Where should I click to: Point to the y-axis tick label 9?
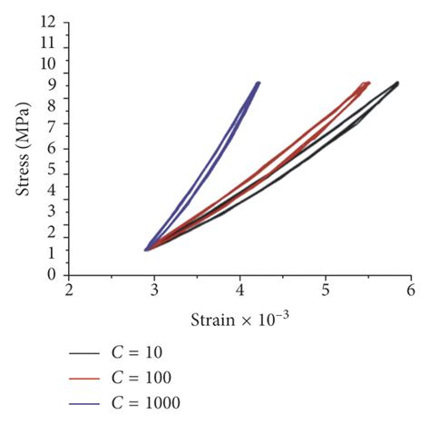[57, 84]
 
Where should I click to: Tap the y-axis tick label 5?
[57, 169]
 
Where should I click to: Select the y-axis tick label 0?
[57, 274]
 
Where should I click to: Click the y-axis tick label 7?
[57, 127]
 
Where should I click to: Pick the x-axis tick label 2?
[69, 291]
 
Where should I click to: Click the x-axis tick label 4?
[239, 291]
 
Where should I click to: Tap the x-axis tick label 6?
[410, 291]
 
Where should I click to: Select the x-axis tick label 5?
[325, 291]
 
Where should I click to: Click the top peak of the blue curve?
[258, 83]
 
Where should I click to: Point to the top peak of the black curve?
[396, 83]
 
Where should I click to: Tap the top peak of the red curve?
[367, 83]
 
